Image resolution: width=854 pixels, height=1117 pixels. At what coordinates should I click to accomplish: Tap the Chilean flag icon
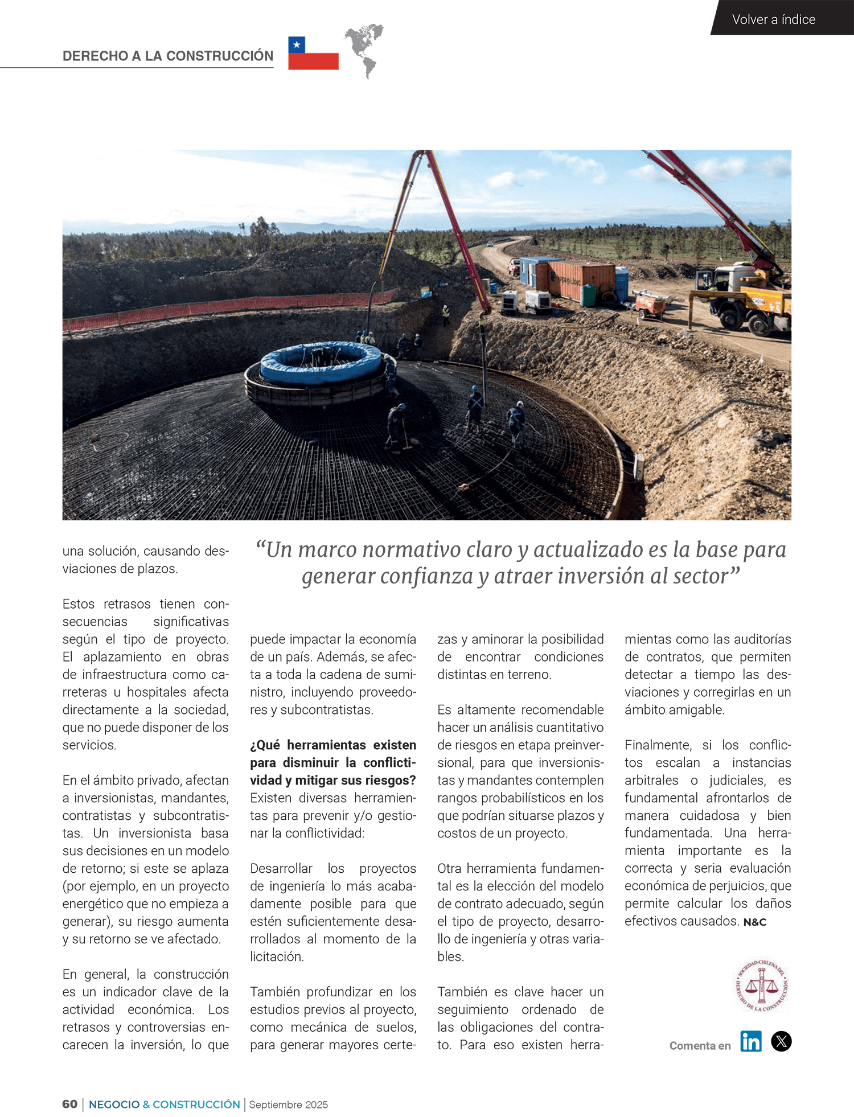coord(313,54)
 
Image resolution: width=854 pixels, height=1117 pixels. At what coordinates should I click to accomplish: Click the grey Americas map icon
coord(364,50)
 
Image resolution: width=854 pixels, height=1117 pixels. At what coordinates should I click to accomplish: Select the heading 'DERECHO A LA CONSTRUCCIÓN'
coord(168,56)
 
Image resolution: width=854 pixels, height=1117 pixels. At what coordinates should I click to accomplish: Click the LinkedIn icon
coord(750,1041)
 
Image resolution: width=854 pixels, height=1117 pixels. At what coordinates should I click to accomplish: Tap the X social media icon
coord(781,1041)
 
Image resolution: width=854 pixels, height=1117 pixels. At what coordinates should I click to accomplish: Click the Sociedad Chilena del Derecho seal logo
coord(761,985)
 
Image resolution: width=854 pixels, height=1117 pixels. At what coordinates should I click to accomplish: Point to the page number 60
coord(69,1104)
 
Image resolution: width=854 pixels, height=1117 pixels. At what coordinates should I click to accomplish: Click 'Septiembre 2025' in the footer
coord(288,1105)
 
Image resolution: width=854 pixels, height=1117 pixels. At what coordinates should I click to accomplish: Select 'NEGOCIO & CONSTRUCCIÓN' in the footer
coord(164,1104)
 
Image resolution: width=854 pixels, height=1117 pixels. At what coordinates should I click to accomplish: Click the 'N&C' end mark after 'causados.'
coord(755,922)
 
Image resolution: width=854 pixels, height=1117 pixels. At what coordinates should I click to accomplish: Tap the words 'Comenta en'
coord(700,1046)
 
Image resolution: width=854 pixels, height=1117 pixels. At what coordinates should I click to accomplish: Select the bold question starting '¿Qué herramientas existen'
coord(333,762)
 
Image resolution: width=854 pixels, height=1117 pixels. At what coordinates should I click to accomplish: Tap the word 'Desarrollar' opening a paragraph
coord(281,869)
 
